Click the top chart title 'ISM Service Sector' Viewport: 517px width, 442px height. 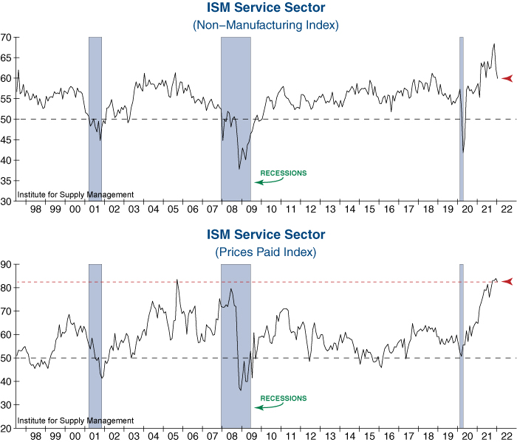(265, 9)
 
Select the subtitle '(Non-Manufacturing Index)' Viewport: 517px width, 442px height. (265, 25)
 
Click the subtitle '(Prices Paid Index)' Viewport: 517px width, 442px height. (265, 252)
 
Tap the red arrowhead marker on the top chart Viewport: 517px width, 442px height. (507, 77)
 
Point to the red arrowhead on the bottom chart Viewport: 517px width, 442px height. (507, 282)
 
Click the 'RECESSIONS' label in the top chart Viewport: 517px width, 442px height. (283, 173)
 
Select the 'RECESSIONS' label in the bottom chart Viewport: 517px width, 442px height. (283, 398)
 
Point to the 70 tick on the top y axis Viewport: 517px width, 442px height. (6, 37)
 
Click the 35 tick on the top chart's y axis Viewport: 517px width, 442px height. (6, 181)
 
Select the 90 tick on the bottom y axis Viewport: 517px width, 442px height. (6, 264)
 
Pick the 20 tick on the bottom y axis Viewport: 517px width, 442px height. (6, 428)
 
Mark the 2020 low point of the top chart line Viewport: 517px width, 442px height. (463, 152)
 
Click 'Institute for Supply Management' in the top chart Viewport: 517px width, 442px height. (75, 194)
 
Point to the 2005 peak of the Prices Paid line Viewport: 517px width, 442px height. (177, 280)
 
